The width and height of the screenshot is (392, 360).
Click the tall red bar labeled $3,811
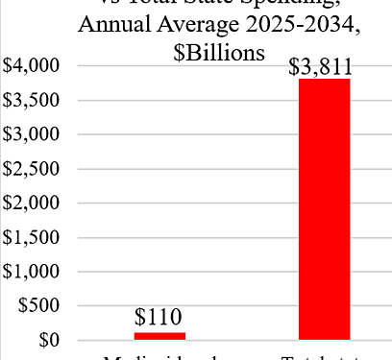[x=324, y=209]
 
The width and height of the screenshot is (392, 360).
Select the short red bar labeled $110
[x=159, y=336]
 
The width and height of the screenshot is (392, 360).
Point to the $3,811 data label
[x=318, y=66]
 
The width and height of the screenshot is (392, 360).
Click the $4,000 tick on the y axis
[x=32, y=66]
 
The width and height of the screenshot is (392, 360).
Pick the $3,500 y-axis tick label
[x=32, y=101]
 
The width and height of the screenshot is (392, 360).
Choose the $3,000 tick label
[x=32, y=134]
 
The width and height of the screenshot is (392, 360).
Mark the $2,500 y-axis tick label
[x=32, y=169]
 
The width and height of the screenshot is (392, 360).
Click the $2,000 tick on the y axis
[x=32, y=204]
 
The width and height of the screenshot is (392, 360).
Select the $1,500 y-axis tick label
[x=32, y=238]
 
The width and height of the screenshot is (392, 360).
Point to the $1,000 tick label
[x=32, y=272]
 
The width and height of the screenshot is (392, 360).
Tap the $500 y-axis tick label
[x=38, y=306]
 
